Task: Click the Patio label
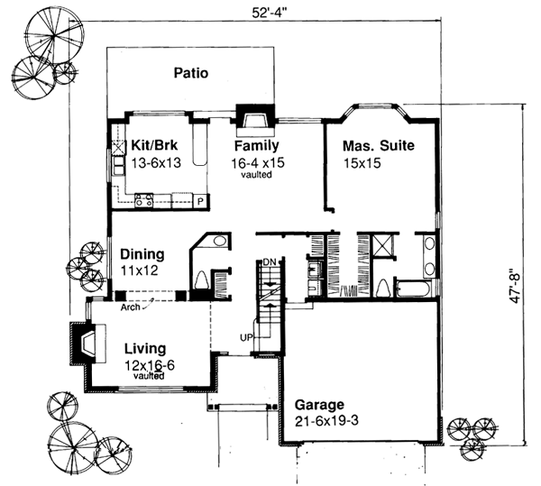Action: point(192,75)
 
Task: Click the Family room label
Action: point(257,145)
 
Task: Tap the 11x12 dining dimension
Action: point(138,270)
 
